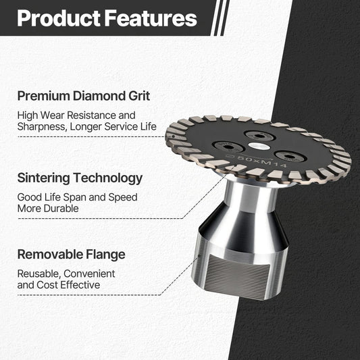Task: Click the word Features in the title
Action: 148,18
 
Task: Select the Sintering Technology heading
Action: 80,178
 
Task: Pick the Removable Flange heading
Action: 71,255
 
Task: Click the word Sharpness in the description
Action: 42,126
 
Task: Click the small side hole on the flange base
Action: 201,259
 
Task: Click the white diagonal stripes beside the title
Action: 217,18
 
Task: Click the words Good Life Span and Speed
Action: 77,197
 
